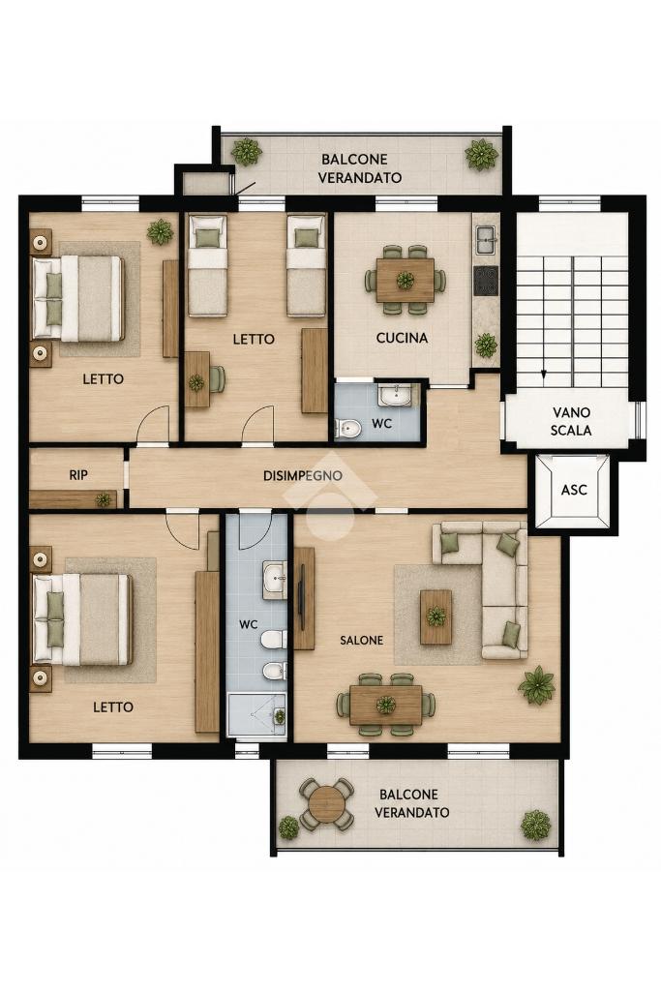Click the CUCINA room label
click(x=402, y=338)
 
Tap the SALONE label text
click(x=361, y=641)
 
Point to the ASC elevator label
click(x=574, y=490)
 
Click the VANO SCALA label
click(x=571, y=421)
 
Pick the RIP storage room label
click(x=78, y=475)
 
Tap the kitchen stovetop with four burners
click(x=486, y=281)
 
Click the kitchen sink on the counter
click(x=486, y=238)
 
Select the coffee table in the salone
click(x=436, y=616)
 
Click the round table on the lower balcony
click(x=326, y=803)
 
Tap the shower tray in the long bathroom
click(x=256, y=715)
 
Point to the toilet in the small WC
click(x=347, y=429)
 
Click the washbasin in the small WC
click(x=395, y=396)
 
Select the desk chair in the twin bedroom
click(x=217, y=379)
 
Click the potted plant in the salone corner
click(x=536, y=685)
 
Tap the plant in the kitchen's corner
click(x=485, y=346)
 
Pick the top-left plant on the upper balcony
click(x=246, y=152)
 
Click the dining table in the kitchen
click(x=405, y=280)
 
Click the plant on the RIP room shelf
click(x=104, y=499)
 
